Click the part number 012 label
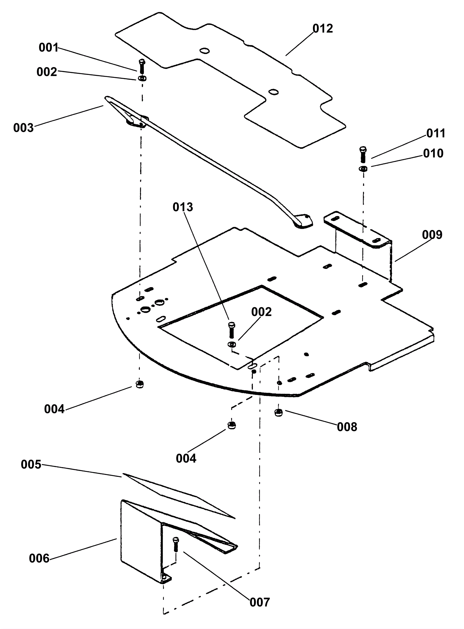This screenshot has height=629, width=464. [323, 29]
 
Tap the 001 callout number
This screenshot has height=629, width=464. [49, 48]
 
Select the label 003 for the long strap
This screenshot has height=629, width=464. [23, 128]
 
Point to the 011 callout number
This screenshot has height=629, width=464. [436, 133]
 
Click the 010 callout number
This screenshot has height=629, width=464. [433, 153]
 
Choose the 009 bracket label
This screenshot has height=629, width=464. [432, 235]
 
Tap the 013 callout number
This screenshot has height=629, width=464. [183, 207]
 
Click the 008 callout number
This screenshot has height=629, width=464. [347, 427]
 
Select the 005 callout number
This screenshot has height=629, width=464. [31, 465]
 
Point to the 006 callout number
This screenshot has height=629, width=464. [39, 558]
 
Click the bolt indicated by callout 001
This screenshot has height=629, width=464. [142, 66]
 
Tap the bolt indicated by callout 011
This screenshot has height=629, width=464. [362, 154]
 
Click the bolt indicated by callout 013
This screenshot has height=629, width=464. [231, 330]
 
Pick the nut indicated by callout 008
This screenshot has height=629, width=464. [278, 413]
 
